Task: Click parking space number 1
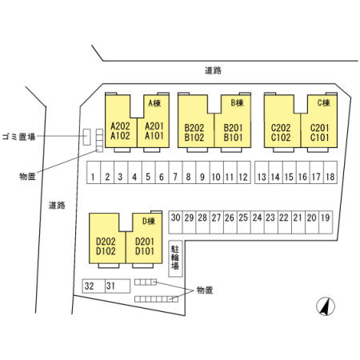pyautogui.click(x=94, y=172)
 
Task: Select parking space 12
pyautogui.click(x=244, y=172)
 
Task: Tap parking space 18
pyautogui.click(x=330, y=172)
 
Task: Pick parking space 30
pyautogui.click(x=175, y=222)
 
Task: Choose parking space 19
pyautogui.click(x=326, y=222)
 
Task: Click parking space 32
pyautogui.click(x=94, y=286)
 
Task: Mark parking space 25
pyautogui.click(x=243, y=222)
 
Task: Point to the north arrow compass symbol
pyautogui.click(x=326, y=306)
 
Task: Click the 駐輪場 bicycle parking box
pyautogui.click(x=175, y=258)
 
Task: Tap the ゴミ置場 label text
pyautogui.click(x=18, y=137)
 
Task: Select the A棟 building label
pyautogui.click(x=154, y=103)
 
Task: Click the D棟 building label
pyautogui.click(x=149, y=221)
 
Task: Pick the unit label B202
pyautogui.click(x=194, y=128)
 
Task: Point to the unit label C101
pyautogui.click(x=319, y=138)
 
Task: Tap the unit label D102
pyautogui.click(x=106, y=251)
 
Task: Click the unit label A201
pyautogui.click(x=154, y=126)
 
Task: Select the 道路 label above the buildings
pyautogui.click(x=213, y=70)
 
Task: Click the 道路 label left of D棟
pyautogui.click(x=57, y=206)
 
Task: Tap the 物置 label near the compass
pyautogui.click(x=205, y=290)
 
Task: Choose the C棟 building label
pyautogui.click(x=323, y=102)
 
